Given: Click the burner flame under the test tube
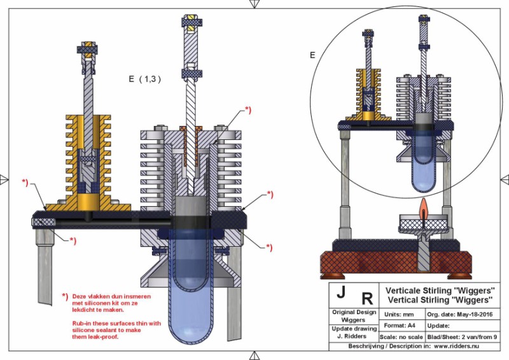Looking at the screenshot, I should [x=422, y=207].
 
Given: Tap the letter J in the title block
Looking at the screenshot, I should [x=341, y=293].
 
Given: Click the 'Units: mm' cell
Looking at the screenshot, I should [x=398, y=315].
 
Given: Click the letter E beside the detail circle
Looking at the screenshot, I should [x=312, y=55].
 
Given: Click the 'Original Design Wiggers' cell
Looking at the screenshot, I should [x=354, y=315].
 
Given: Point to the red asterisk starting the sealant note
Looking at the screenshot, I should [x=64, y=296].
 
